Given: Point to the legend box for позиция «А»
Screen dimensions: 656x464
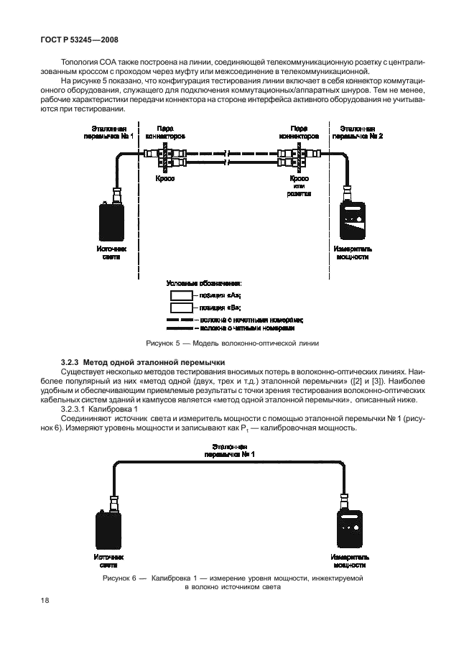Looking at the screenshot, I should pyautogui.click(x=181, y=295).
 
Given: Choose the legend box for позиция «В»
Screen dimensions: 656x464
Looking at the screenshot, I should pyautogui.click(x=181, y=307).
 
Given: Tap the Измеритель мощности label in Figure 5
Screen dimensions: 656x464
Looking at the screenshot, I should pyautogui.click(x=351, y=252).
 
